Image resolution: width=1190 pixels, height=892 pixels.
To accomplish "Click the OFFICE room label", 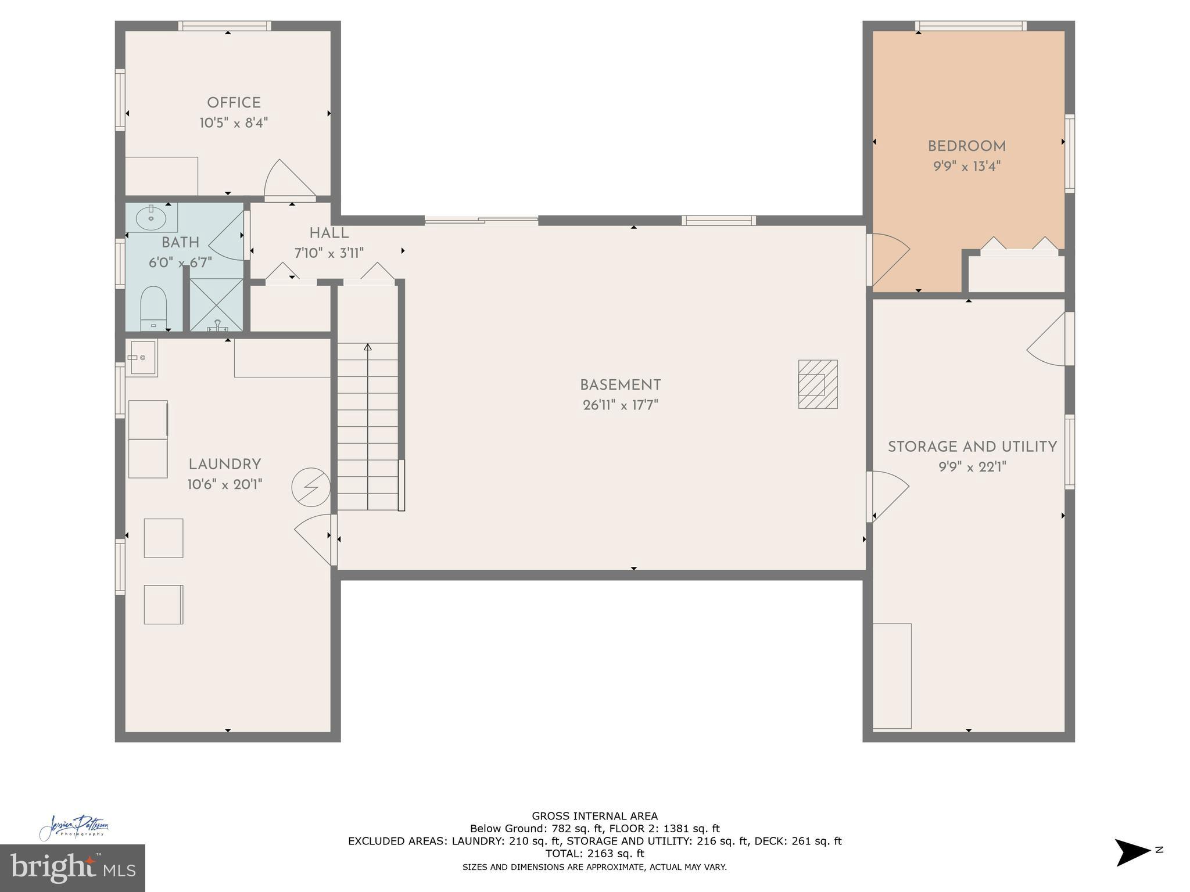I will pos(234,103).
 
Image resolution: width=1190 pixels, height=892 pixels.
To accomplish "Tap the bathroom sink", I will pos(151,218).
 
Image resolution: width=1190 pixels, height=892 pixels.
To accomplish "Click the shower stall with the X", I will pos(216,305).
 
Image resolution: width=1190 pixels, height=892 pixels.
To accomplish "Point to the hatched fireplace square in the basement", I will pos(818,384).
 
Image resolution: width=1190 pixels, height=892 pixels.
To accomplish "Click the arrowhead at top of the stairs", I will pos(367,347).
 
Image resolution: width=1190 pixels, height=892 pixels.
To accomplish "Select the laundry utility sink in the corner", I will pos(142,358).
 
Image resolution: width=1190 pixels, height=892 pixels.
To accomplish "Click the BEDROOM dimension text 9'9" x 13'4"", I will pos(967,167).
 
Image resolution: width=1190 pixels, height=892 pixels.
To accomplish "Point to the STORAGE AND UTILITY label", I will pos(972,447).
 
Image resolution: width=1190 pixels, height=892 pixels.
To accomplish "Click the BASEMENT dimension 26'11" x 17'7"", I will pos(621,405).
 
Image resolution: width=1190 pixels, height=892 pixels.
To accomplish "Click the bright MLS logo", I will pos(72,868).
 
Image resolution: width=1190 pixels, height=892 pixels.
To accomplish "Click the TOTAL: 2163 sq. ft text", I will pos(594,854).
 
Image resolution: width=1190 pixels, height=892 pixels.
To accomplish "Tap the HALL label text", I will pos(329,233).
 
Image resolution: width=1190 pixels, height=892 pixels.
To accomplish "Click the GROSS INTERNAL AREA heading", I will pos(594,816).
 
